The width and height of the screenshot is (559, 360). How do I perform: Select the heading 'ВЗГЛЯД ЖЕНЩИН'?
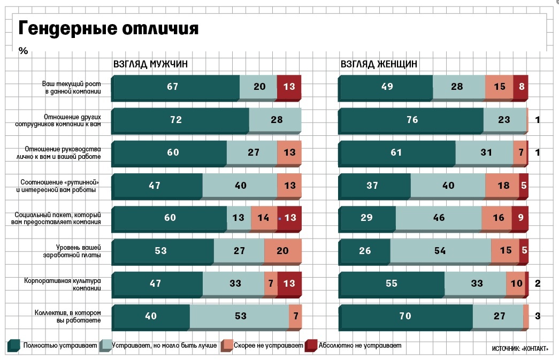[379, 65]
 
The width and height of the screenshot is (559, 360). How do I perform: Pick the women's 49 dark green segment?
[386, 87]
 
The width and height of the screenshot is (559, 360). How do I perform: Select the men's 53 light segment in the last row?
[239, 316]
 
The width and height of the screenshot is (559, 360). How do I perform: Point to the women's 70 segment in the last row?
[406, 316]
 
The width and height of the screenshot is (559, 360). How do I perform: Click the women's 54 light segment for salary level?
[440, 250]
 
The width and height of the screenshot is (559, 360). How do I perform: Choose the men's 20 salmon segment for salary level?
[283, 250]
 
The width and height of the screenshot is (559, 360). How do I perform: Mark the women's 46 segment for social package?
[438, 218]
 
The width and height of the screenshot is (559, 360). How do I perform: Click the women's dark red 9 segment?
[520, 218]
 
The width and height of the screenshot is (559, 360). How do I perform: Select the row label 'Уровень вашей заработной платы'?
[78, 250]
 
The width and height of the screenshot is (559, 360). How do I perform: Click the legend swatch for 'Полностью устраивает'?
[13, 346]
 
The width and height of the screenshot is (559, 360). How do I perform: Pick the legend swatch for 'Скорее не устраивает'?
[227, 346]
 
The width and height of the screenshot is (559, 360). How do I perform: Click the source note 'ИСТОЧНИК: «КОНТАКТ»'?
[520, 349]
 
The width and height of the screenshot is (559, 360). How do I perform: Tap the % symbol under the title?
[23, 51]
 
